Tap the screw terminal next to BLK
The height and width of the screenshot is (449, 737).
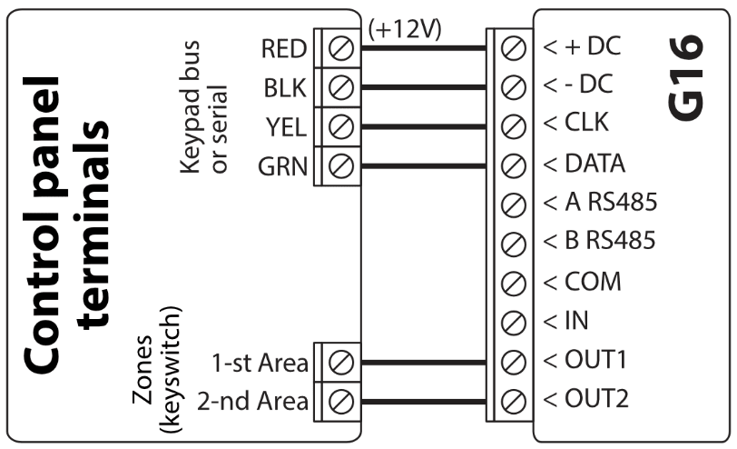click(x=339, y=88)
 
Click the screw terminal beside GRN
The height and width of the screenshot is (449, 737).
click(x=339, y=166)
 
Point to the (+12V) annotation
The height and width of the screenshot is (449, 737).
click(x=405, y=29)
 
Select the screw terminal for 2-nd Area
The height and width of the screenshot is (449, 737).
click(x=339, y=400)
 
